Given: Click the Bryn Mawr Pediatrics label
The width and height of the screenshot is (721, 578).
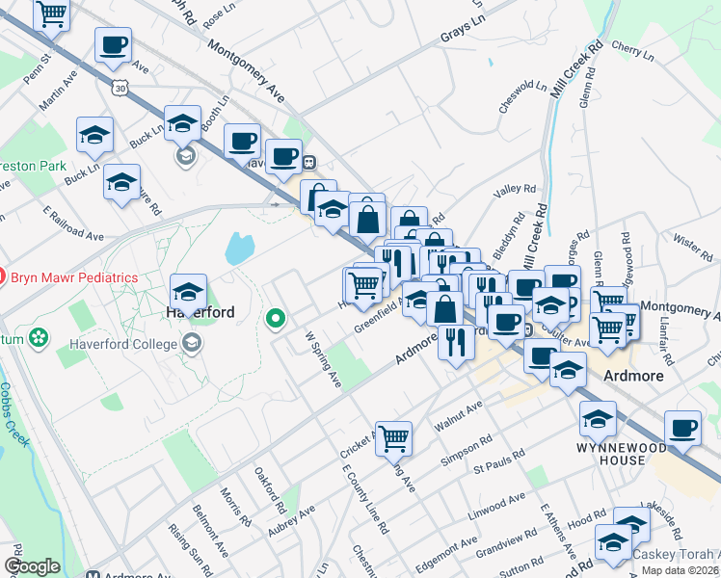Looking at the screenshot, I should point(74,277).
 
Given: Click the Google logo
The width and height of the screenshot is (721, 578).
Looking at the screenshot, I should point(32,566).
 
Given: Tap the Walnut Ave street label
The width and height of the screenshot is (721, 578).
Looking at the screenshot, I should point(456,416).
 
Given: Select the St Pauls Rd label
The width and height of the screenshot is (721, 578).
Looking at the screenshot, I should point(497,462).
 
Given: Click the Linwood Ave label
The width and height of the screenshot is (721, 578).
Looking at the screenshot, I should point(502,504).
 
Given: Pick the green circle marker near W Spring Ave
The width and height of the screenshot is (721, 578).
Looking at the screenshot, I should point(276,317).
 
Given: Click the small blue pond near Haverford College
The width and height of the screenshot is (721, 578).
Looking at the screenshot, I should point(237,249).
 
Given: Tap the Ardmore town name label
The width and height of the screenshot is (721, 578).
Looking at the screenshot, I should point(634,376).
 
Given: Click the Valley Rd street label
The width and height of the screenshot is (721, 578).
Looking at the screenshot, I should point(513,193).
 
